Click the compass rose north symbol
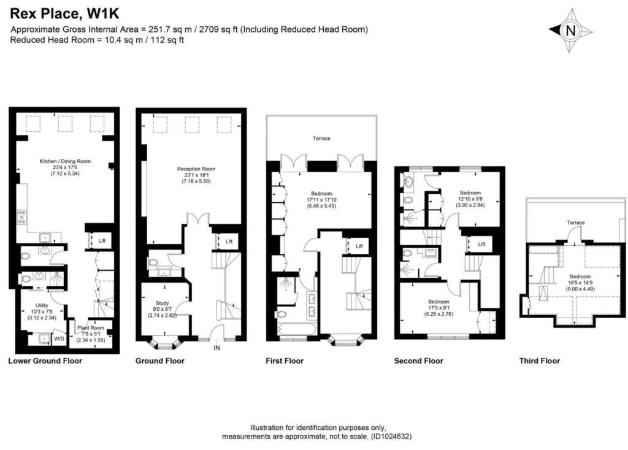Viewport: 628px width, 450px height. tap(571, 29)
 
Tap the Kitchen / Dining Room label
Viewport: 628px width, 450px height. tap(65, 161)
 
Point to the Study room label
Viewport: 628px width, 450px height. tap(162, 302)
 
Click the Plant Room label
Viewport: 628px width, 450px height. tap(90, 327)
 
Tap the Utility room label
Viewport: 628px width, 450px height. tap(42, 305)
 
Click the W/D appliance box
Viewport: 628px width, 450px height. tap(59, 338)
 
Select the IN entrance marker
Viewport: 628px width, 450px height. tap(216, 348)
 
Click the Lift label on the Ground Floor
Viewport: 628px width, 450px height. tap(229, 242)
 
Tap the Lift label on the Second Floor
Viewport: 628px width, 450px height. tap(481, 244)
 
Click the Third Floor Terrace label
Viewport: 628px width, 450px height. tap(575, 223)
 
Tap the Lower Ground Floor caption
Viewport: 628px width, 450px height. tap(45, 361)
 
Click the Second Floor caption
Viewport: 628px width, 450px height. tap(418, 361)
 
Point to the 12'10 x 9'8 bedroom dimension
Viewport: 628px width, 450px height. tap(470, 199)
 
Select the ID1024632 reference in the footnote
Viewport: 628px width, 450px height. tap(390, 437)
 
